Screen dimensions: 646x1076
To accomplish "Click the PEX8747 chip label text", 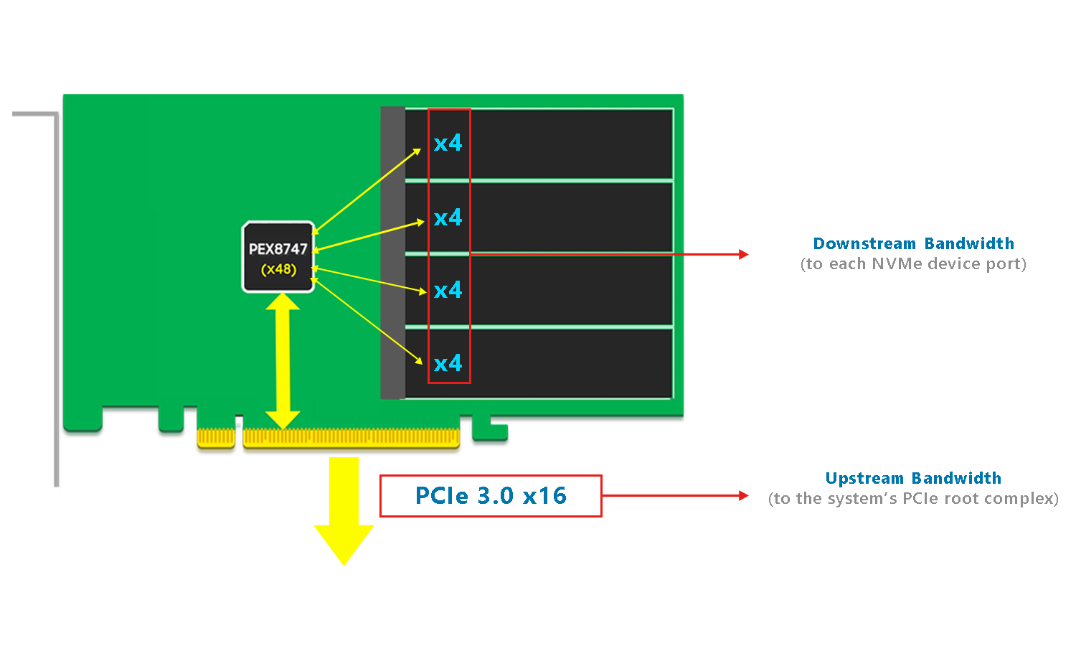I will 278,249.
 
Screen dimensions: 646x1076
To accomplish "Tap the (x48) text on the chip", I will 278,269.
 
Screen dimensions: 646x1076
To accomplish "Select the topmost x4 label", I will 448,143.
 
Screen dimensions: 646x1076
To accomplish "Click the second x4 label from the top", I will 448,217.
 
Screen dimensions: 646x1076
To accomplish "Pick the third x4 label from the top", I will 448,290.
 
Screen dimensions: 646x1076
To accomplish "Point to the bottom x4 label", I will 448,363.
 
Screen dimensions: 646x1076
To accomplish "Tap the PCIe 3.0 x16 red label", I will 491,495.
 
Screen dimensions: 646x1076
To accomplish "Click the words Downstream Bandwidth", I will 913,244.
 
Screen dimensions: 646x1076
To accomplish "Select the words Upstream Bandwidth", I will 913,479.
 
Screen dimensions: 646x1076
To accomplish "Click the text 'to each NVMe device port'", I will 913,264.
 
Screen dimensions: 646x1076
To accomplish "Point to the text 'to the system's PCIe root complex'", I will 913,499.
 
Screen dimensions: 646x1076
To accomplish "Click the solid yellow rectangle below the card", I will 344,512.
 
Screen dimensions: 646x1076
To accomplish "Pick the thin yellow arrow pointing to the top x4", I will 367,190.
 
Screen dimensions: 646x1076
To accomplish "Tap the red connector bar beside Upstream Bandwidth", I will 676,495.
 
